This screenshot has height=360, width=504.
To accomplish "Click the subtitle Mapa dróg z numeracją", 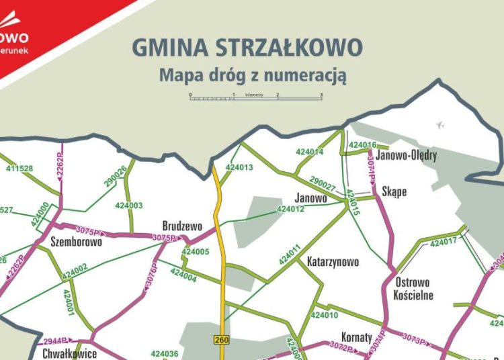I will tap(253, 75).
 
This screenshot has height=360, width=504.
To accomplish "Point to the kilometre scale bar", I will tap(256, 97).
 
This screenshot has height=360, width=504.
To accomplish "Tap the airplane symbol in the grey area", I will tap(440, 125).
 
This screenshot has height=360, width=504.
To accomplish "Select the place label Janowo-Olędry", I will tap(407, 156).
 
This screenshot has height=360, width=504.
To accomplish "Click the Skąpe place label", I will tap(394, 191).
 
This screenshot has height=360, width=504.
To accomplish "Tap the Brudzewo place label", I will tap(182, 227).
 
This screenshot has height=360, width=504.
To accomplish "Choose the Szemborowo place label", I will tap(77, 242).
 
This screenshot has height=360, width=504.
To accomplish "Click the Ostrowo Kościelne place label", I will tap(415, 289).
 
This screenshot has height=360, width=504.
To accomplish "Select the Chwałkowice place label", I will tap(69, 353).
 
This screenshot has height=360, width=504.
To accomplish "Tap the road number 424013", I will tap(239, 168).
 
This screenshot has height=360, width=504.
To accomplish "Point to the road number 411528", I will tap(19, 168).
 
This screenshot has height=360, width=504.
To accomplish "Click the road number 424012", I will tap(290, 210).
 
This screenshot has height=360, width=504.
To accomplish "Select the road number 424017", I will tap(443, 241).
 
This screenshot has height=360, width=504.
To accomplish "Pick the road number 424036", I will tap(165, 354).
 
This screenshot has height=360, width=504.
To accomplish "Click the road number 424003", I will tap(129, 206).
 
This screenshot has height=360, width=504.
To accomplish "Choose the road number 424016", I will tap(363, 145).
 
